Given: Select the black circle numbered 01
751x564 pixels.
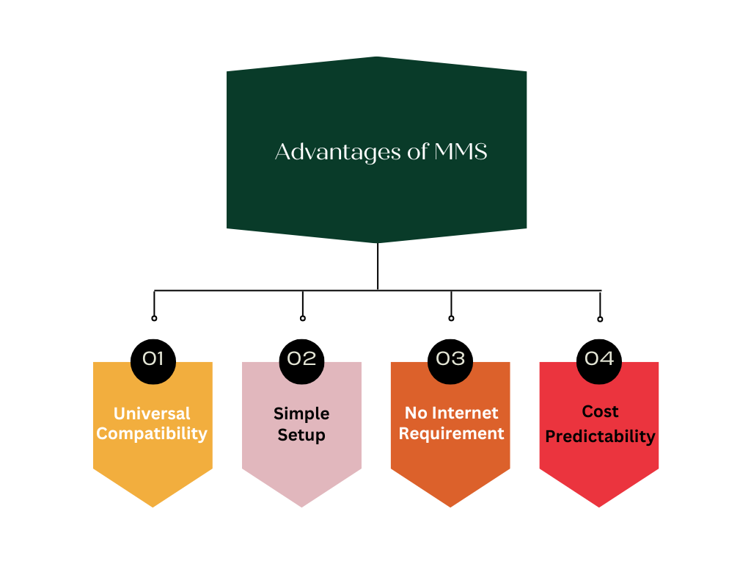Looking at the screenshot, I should click(x=153, y=359).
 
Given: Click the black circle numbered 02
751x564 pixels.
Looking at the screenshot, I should click(x=301, y=359).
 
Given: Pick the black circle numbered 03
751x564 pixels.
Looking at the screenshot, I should click(x=450, y=359).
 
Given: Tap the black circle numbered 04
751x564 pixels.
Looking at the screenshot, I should click(x=599, y=359).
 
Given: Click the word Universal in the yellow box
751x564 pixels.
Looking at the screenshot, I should click(x=152, y=413).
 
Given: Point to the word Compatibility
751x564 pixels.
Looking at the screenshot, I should click(x=152, y=433).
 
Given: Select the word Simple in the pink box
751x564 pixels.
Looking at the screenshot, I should click(x=301, y=413).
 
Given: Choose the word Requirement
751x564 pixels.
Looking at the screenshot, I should click(x=451, y=433).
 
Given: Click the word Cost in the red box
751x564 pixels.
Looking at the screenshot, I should click(x=600, y=411).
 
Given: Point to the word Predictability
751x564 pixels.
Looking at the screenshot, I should click(x=600, y=436).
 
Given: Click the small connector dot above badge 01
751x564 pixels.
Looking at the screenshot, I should click(x=154, y=318).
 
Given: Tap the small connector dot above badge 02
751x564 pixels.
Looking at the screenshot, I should click(x=303, y=318).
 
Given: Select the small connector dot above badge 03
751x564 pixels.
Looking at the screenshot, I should click(x=451, y=318).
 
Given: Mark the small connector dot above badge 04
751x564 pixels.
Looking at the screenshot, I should click(x=600, y=319).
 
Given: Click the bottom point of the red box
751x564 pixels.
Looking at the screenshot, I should click(x=599, y=505).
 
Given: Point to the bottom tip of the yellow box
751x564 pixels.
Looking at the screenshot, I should click(x=153, y=505).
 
